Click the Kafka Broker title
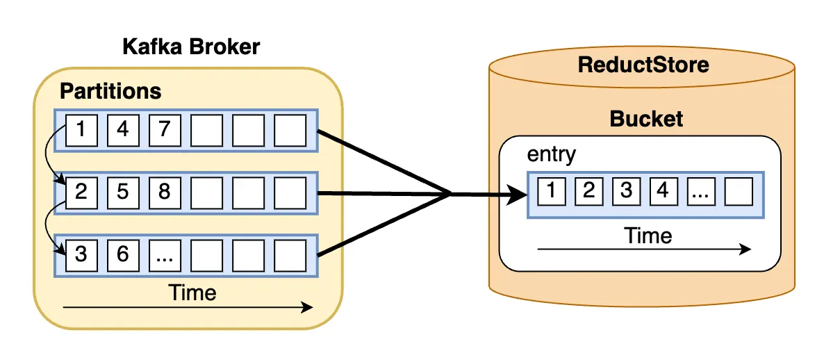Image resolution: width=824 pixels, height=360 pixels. click(190, 47)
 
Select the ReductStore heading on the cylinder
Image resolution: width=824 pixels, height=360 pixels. click(643, 65)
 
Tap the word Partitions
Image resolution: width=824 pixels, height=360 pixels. click(110, 91)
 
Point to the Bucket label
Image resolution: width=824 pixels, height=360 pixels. click(646, 119)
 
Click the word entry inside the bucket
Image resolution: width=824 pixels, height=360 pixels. click(552, 154)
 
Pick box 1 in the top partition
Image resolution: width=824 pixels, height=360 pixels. click(81, 130)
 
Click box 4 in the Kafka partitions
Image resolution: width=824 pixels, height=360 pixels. click(123, 130)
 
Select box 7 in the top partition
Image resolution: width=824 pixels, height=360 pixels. click(165, 130)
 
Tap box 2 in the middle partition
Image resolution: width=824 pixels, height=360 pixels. click(81, 191)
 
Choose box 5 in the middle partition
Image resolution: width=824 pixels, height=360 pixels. click(123, 191)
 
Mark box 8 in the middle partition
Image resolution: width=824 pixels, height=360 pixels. click(165, 191)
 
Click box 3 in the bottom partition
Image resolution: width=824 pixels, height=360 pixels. click(81, 254)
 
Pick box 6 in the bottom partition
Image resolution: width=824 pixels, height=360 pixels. click(123, 254)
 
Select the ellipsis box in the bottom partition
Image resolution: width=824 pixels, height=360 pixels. click(165, 254)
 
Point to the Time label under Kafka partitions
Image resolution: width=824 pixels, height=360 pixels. click(192, 293)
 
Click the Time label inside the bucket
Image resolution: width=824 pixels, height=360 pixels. click(648, 236)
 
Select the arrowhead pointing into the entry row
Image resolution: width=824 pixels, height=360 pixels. click(517, 195)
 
